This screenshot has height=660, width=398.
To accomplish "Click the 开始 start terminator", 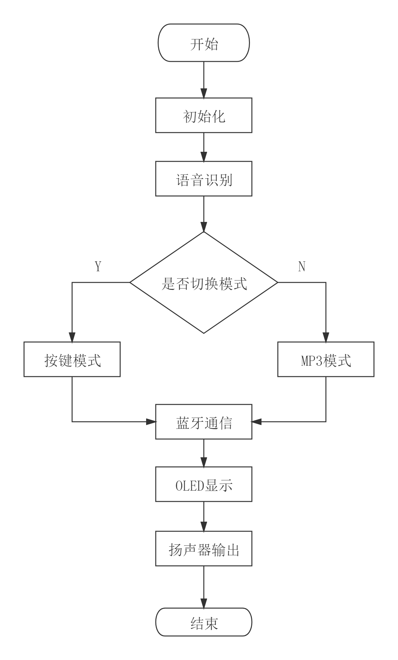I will click(204, 43).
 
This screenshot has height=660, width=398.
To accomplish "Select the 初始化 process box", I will click(204, 115).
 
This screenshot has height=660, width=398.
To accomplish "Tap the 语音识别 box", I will click(204, 179).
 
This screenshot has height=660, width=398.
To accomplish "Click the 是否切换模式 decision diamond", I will click(204, 283).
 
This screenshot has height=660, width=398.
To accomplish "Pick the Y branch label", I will click(97, 265).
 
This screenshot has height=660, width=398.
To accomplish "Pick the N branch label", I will click(301, 265).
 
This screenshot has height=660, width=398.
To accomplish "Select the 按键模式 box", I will click(72, 359).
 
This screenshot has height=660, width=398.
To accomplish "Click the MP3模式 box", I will click(326, 359).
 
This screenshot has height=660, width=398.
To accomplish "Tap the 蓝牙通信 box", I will click(204, 421).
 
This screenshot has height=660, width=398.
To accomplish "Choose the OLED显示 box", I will click(204, 484).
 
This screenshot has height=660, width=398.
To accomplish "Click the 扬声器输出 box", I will click(204, 549).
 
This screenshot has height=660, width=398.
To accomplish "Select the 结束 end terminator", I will click(204, 622).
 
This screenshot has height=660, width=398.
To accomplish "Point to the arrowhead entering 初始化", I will click(204, 93).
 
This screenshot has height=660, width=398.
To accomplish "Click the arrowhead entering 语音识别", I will click(204, 157).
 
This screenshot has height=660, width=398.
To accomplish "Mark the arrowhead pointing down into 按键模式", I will click(72, 337).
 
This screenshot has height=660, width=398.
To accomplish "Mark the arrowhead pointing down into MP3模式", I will click(326, 337).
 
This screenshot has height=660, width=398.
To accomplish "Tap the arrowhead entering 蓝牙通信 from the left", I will click(151, 422).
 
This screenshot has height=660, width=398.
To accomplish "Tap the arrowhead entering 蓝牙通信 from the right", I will click(257, 422).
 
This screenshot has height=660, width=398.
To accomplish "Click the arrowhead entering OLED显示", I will click(204, 462).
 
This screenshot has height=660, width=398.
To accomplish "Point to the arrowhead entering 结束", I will click(204, 603).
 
